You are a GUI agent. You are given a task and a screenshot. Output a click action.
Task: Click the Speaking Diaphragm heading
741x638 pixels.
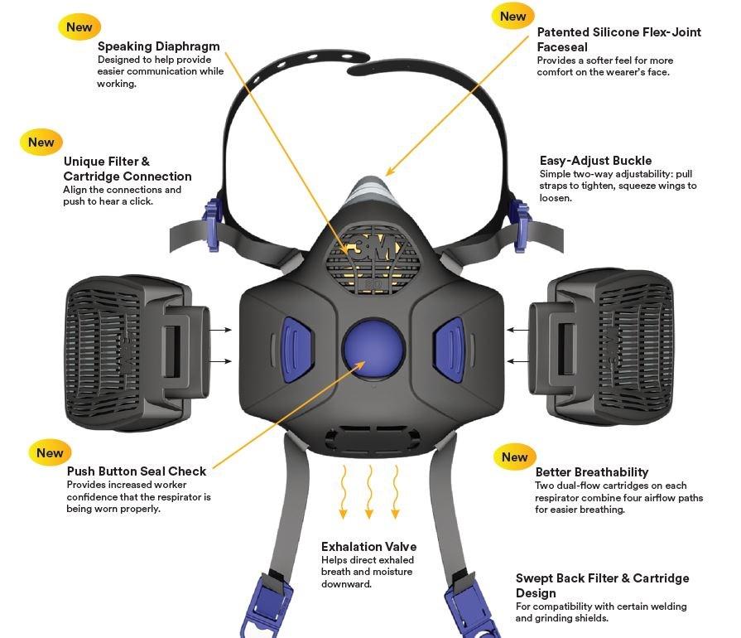pos(158,46)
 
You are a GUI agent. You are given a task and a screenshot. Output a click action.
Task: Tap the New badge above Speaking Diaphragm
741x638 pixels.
pos(79,27)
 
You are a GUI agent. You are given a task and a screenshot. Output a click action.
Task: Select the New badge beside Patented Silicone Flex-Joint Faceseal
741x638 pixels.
pos(512,16)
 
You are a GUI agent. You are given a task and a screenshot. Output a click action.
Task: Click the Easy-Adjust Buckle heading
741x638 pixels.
pos(595,161)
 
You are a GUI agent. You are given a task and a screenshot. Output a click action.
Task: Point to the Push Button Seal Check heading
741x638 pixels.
pos(137,471)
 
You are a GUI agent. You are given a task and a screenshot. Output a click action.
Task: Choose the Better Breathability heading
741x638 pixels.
pos(591,472)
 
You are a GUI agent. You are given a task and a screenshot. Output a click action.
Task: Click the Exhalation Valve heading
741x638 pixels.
pos(368,547)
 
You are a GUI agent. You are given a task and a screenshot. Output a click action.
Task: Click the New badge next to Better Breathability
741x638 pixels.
pos(514,457)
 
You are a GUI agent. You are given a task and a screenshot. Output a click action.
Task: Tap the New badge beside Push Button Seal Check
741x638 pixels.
pos(50,452)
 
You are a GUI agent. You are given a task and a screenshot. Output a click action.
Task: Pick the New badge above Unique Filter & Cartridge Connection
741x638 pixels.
pos(41,142)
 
